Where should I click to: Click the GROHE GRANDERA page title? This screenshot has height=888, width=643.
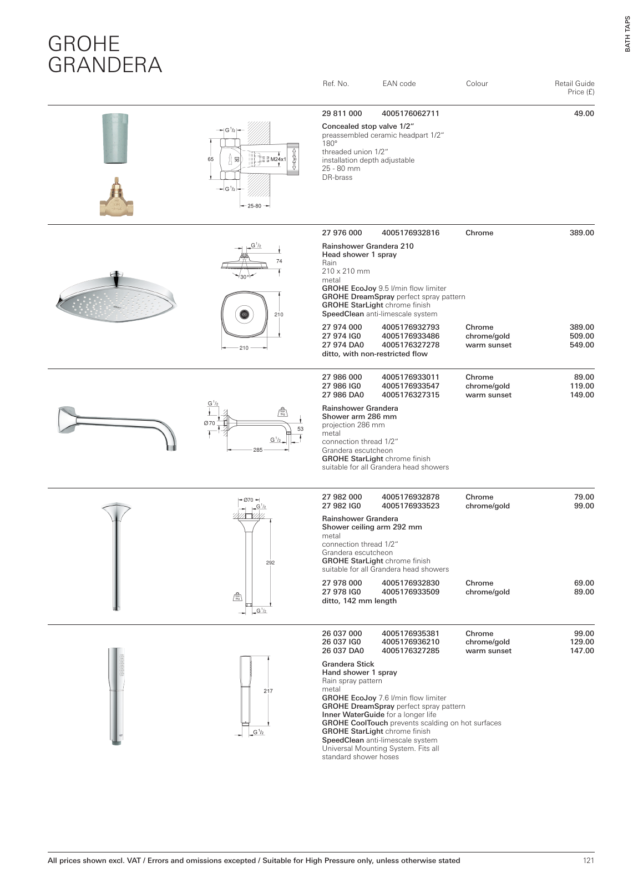coord(105,54)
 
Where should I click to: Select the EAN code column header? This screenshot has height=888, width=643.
coord(399,84)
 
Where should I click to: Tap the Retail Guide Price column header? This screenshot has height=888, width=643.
coord(574,88)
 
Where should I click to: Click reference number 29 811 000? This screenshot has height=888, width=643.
coord(342,114)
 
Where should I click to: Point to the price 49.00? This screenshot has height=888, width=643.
coord(584,114)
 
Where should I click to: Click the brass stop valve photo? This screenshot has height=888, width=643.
coord(117,199)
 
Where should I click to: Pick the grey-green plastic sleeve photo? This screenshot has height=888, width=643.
coord(119,139)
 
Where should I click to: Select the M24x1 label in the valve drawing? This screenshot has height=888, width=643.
coord(277,159)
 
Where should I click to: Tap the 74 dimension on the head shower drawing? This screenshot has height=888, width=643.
coord(279,261)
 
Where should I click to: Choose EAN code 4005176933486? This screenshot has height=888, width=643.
coord(411,336)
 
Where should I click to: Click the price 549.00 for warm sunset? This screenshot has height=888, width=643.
coord(582,345)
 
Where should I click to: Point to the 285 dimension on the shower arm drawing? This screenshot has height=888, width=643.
coord(257,450)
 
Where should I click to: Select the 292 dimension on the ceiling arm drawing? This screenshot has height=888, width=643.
coord(270,563)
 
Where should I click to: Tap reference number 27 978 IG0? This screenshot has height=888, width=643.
coord(342,592)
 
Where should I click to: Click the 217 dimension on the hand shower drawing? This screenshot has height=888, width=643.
coord(268,691)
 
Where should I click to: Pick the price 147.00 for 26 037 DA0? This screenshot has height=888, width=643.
coord(582,651)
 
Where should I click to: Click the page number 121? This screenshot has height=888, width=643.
coord(588,861)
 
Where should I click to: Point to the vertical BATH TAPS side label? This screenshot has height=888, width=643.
coord(627,34)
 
